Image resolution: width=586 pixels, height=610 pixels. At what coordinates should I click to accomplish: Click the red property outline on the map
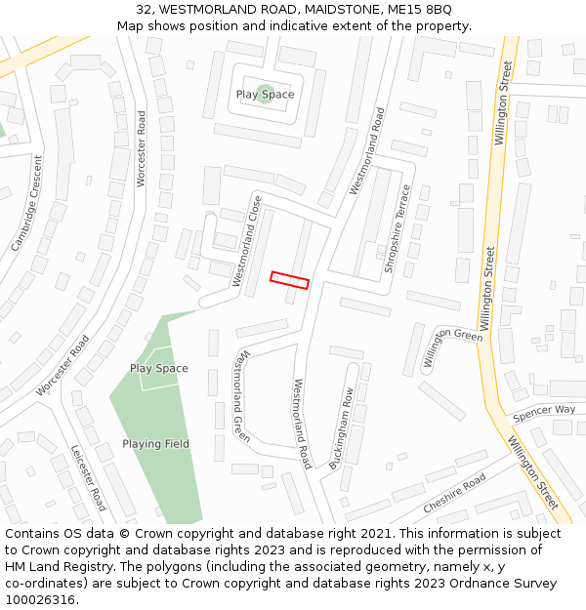(289, 280)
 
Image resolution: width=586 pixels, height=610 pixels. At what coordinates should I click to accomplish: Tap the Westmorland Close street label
(248, 241)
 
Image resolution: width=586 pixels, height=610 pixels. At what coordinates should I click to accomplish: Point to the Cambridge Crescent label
(28, 204)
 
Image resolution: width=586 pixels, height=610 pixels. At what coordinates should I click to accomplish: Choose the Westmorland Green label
(241, 397)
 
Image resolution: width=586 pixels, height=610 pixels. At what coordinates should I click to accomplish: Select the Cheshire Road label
(454, 495)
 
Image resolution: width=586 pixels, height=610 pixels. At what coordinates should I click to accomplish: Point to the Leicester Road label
(89, 478)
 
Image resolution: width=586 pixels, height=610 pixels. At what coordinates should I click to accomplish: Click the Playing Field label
(155, 444)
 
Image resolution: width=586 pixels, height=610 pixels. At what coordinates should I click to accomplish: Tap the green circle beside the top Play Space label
(265, 94)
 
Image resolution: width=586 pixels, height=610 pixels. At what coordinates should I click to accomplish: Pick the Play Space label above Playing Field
(159, 369)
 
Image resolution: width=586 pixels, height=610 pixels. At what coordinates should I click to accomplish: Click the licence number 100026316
(41, 599)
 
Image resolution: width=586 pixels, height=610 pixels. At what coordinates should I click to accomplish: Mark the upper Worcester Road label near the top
(142, 149)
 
